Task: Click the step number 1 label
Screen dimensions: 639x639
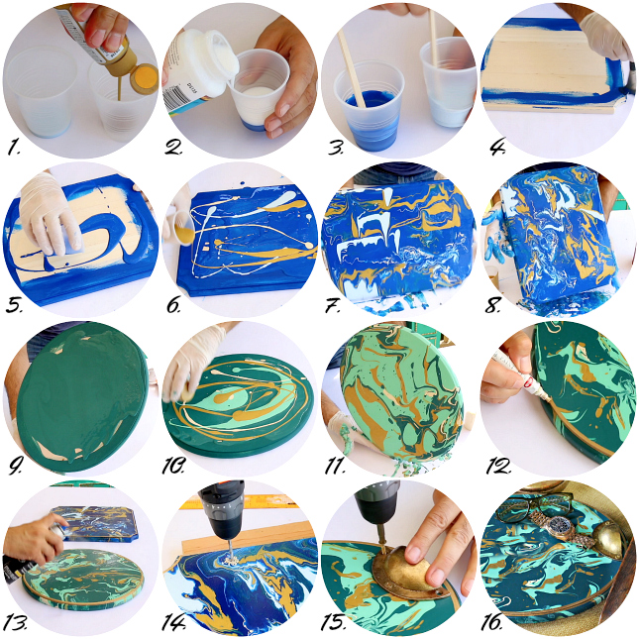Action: click(x=14, y=147)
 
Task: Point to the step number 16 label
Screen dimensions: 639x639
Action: click(x=491, y=622)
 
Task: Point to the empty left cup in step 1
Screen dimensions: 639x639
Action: click(x=41, y=92)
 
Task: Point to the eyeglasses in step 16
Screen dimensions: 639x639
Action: click(x=530, y=504)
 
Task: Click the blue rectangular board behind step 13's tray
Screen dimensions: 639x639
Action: click(x=97, y=523)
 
